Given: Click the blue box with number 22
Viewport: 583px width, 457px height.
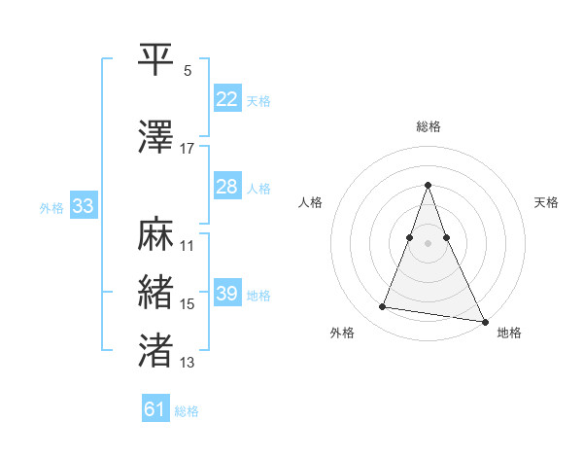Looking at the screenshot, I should tap(227, 99).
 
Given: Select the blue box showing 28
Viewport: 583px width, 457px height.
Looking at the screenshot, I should tap(227, 187).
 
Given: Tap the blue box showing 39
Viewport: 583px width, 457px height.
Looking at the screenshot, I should tap(227, 294).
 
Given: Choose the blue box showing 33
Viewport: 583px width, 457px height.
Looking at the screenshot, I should tap(83, 206).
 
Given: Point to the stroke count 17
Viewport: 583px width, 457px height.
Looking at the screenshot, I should tap(188, 149).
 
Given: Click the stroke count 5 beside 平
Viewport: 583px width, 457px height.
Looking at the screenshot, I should tap(188, 71).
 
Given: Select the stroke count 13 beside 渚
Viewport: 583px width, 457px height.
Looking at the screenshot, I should tap(188, 363).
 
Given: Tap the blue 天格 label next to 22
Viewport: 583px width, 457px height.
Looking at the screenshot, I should tap(258, 101).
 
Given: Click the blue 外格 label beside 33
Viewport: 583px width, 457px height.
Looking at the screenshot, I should tap(51, 207).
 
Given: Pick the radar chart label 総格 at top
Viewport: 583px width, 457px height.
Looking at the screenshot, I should tap(429, 126).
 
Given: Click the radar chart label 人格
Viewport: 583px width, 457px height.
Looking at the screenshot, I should tap(311, 202).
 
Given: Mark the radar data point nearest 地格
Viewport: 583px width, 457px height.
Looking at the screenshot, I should tap(485, 322).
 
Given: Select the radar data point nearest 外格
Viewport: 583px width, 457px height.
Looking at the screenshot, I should tap(383, 307).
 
